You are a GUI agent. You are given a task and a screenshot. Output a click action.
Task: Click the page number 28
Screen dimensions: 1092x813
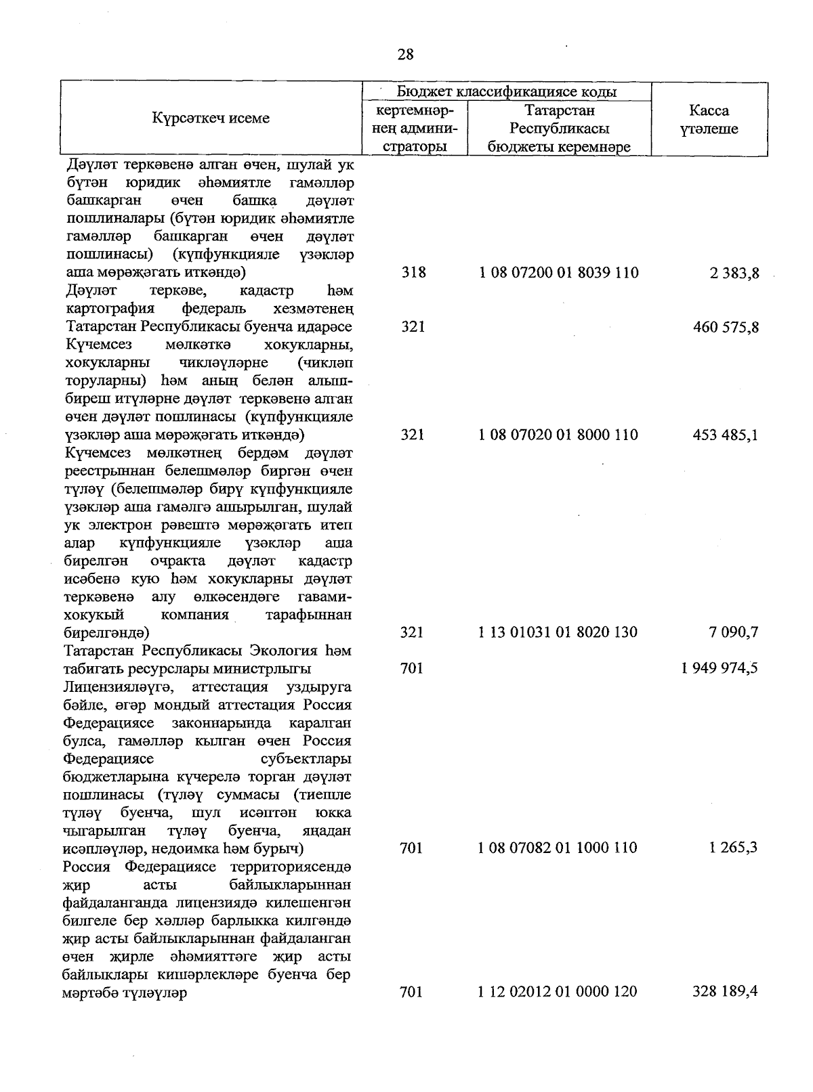click(x=405, y=55)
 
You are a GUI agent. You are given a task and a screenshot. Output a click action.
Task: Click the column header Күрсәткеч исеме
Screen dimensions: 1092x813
click(x=211, y=118)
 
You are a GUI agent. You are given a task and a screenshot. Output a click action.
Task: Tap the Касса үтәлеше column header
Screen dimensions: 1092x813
click(x=709, y=120)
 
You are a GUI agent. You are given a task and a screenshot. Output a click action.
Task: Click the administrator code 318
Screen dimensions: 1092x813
click(x=413, y=273)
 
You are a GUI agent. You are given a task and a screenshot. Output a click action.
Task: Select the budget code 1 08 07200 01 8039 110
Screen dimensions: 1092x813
click(x=558, y=273)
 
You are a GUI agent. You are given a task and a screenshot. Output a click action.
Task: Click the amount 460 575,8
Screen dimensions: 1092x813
click(x=726, y=327)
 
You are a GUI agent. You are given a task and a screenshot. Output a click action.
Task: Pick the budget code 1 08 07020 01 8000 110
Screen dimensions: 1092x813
click(x=558, y=435)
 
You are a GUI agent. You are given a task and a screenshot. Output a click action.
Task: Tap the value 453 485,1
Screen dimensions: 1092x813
click(x=726, y=435)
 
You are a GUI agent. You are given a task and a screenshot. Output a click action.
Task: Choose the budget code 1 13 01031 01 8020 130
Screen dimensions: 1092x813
click(x=558, y=632)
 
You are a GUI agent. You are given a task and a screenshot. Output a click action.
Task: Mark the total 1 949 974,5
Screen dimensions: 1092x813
click(x=720, y=668)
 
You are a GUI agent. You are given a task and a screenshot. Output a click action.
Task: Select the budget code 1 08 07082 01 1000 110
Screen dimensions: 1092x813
click(x=558, y=848)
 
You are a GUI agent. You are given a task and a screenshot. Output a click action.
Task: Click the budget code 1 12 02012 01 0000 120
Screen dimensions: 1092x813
click(x=558, y=992)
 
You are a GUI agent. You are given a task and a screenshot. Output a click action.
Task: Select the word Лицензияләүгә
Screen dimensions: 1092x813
click(x=117, y=687)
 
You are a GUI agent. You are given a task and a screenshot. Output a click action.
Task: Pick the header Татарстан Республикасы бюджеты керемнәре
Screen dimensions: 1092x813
click(x=560, y=129)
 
